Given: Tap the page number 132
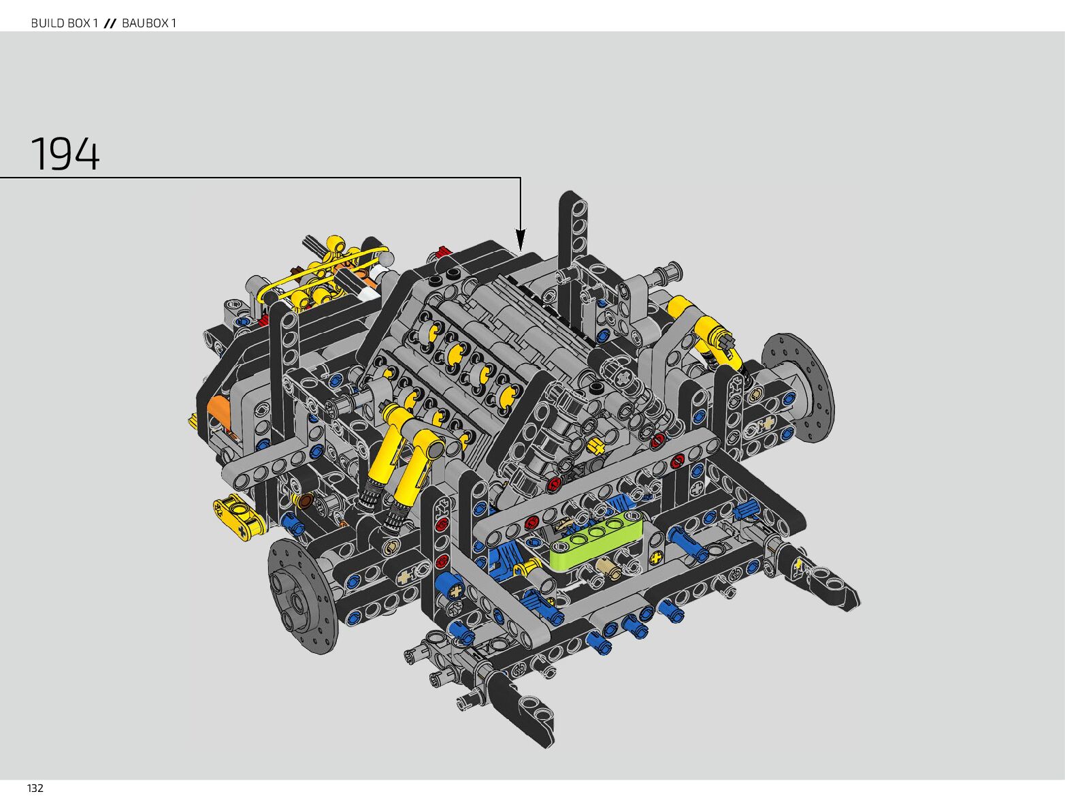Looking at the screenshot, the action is coord(35,789).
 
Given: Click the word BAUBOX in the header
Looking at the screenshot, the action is coord(145,22).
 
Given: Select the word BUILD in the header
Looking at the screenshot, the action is coord(47,22).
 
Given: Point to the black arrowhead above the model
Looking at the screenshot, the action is coord(520,240).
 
